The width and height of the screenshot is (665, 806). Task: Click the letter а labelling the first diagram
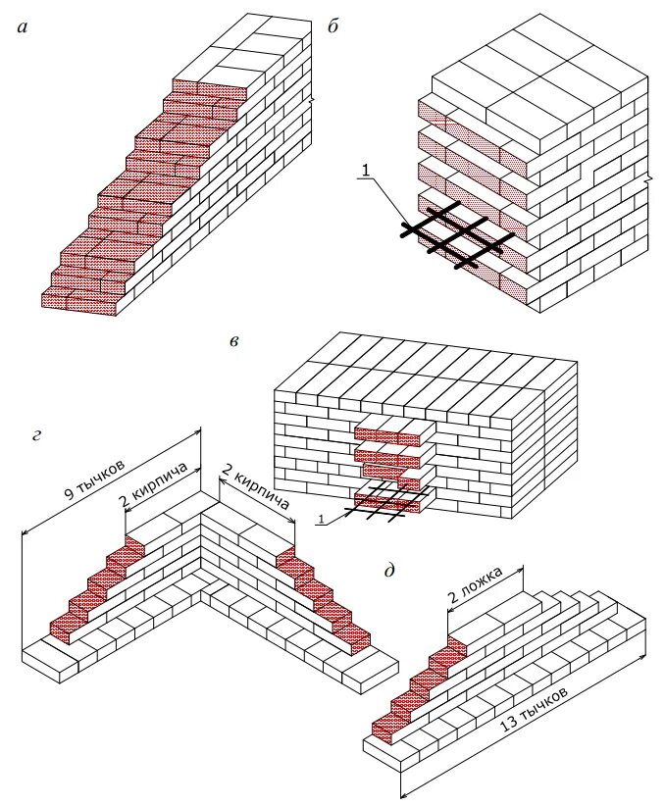23,29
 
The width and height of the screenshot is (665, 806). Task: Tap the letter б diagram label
332,29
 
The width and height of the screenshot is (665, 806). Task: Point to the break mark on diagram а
313,100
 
